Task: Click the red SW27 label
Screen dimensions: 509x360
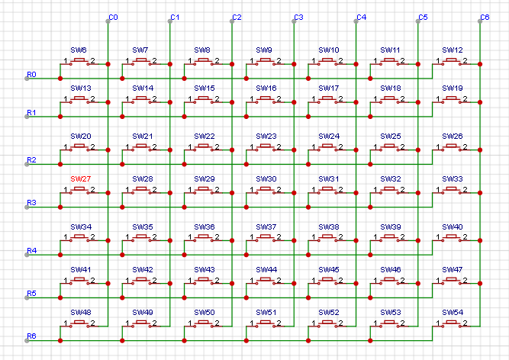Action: [x=80, y=178]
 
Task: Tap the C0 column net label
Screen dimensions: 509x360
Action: [x=113, y=18]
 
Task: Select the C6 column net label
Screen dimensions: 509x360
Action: [x=485, y=18]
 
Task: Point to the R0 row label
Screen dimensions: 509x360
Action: [x=31, y=75]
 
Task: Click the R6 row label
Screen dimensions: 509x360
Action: [x=31, y=336]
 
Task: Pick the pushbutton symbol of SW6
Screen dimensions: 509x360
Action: [x=79, y=62]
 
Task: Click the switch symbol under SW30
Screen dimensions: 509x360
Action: [x=266, y=191]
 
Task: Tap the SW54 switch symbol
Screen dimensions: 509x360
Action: [x=451, y=324]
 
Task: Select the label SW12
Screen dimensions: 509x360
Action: [x=453, y=50]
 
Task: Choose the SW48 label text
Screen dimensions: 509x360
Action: [x=80, y=312]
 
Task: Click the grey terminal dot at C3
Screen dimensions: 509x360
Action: [x=294, y=21]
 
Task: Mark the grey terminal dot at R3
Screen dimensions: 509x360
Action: [x=27, y=207]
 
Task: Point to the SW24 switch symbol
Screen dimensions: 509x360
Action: [x=327, y=147]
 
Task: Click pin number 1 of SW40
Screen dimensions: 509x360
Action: [x=437, y=237]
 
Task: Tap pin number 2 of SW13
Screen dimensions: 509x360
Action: [x=92, y=98]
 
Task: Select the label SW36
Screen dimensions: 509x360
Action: [x=205, y=227]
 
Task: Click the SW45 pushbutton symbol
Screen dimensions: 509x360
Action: [x=327, y=281]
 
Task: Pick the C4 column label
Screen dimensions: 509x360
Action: [x=361, y=18]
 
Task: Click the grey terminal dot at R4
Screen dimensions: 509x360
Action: [x=27, y=255]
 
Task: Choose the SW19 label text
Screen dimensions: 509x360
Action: [x=453, y=88]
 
